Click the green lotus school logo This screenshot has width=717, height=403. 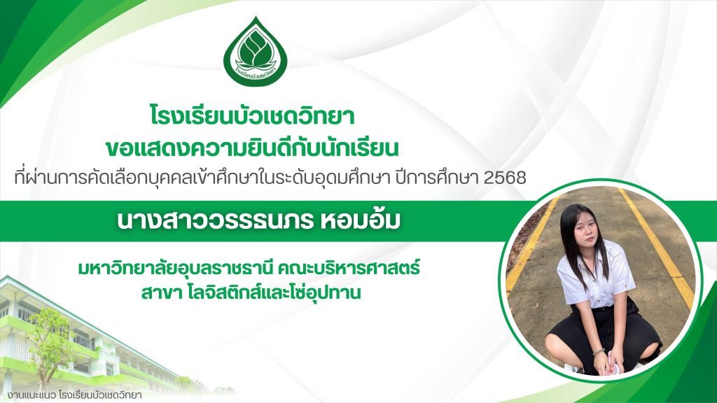point(256,52)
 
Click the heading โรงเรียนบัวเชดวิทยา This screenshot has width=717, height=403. point(252,116)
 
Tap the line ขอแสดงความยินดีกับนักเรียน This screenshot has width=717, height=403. point(252,148)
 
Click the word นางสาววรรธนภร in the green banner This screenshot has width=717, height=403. point(215,220)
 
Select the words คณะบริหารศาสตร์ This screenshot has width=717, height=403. point(349,268)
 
